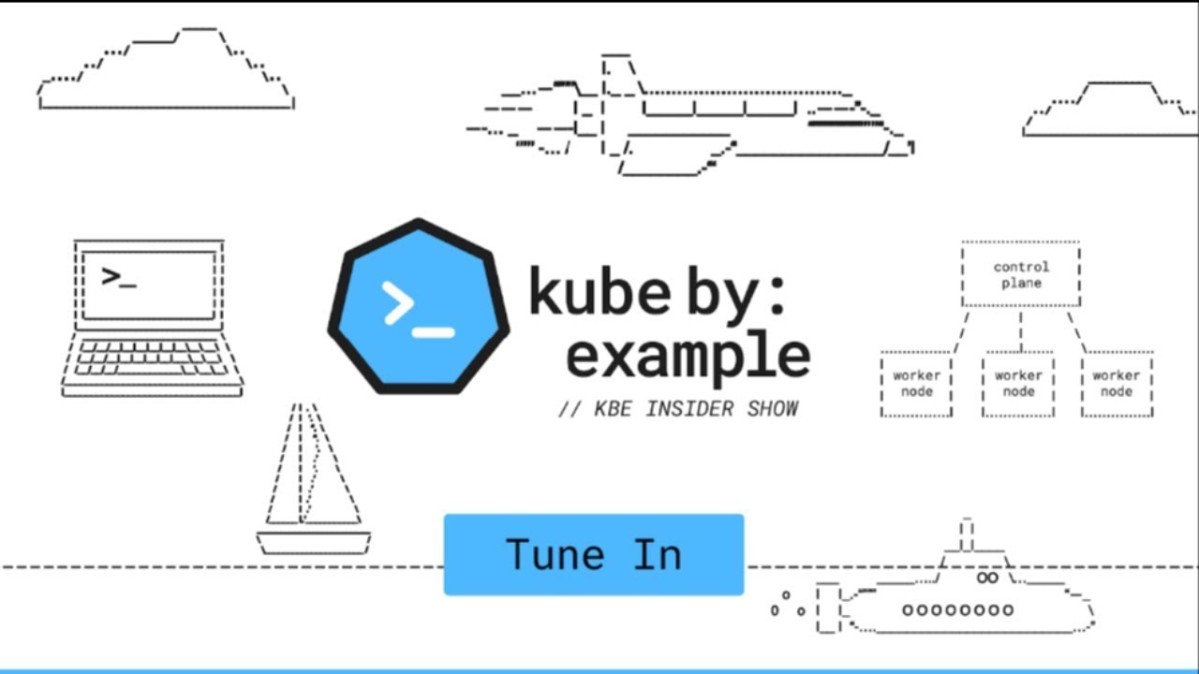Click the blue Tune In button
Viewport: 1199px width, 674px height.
point(593,554)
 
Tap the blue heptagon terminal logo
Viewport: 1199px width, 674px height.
point(419,306)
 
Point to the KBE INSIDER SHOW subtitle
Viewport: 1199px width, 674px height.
point(679,408)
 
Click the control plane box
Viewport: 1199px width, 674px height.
point(1020,274)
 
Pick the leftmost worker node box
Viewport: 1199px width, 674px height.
point(916,384)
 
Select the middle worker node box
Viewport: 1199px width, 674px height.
point(1018,384)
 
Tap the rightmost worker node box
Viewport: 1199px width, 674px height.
point(1117,384)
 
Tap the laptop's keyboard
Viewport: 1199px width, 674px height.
point(150,359)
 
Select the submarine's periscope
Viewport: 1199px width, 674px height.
point(967,535)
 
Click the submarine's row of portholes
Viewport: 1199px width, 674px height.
point(957,610)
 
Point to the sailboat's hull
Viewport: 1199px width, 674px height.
point(313,542)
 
